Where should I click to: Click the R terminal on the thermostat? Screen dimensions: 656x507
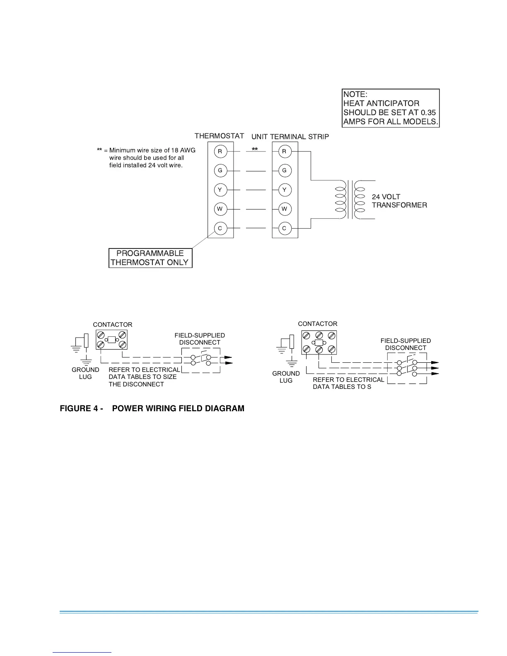click(220, 152)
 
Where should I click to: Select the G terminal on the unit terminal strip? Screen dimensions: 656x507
click(285, 171)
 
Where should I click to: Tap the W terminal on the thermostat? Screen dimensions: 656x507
click(220, 209)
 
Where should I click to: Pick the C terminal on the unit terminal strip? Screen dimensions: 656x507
click(285, 228)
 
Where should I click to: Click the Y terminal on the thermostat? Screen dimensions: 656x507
click(220, 190)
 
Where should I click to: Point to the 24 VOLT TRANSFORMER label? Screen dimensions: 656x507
click(399, 201)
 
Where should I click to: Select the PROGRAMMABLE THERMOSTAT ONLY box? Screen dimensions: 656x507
click(150, 258)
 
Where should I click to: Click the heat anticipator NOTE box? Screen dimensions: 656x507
click(390, 108)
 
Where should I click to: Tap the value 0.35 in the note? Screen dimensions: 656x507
click(428, 113)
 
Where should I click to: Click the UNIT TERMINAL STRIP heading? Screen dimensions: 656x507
click(290, 137)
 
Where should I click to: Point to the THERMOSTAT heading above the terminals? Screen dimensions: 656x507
click(219, 136)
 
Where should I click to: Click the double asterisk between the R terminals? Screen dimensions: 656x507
click(255, 150)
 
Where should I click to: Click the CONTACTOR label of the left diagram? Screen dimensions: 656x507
click(113, 325)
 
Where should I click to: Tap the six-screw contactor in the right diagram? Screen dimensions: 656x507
click(319, 342)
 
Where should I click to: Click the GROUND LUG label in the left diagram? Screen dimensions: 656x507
click(85, 373)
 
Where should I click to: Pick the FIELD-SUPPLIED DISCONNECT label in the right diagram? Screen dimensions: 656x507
click(406, 344)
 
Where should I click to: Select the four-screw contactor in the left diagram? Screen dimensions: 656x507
click(111, 340)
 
